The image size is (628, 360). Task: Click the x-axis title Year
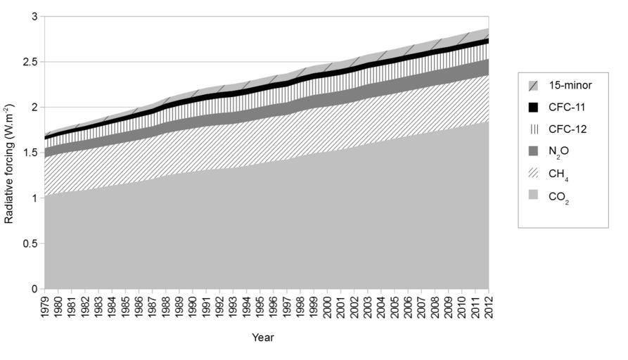[263, 337]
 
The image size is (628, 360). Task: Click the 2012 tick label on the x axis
[489, 307]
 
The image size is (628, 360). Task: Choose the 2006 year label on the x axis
[408, 307]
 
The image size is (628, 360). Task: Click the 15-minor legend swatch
[534, 85]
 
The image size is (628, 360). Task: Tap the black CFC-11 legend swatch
[534, 108]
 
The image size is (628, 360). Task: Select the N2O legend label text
[558, 153]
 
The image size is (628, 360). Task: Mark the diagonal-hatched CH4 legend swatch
[534, 175]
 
